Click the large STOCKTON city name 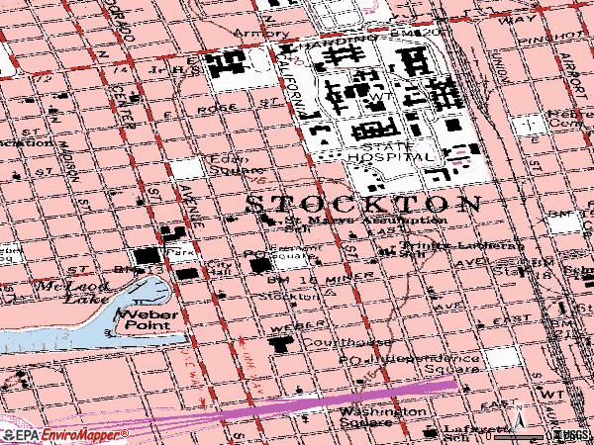[361, 203]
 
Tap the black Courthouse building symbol [280, 345]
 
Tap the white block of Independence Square [501, 357]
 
